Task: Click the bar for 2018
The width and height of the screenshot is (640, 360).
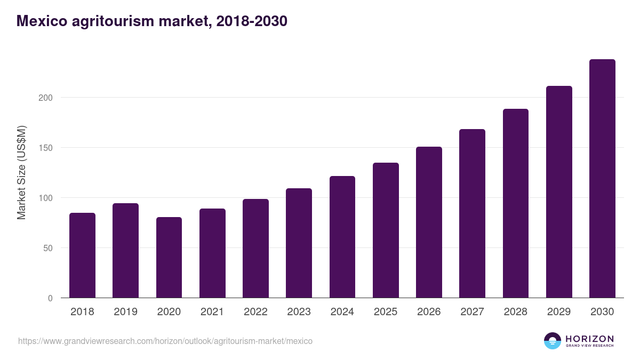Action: coord(82,255)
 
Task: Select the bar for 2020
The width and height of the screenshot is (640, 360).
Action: coord(169,258)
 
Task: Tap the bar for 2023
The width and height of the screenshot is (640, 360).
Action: coord(299,243)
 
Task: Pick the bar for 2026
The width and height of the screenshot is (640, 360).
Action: coord(429,222)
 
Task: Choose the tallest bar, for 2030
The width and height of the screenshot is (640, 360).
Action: coord(602,179)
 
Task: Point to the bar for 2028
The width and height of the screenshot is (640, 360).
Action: coord(515,203)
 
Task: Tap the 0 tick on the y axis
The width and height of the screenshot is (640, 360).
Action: coord(50,298)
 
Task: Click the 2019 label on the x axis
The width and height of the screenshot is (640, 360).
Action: coord(125,312)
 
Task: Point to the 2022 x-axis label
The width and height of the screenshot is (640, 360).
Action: coord(255,312)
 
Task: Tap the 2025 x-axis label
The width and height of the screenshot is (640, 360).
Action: coord(386,312)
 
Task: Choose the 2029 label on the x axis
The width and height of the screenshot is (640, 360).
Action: coord(559,312)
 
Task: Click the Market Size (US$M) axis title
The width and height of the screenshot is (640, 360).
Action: coord(21,172)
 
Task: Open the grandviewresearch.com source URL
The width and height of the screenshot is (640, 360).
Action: coord(165,341)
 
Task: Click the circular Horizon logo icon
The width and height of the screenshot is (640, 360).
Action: coord(553,341)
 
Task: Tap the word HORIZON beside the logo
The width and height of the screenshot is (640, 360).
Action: coord(589,339)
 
